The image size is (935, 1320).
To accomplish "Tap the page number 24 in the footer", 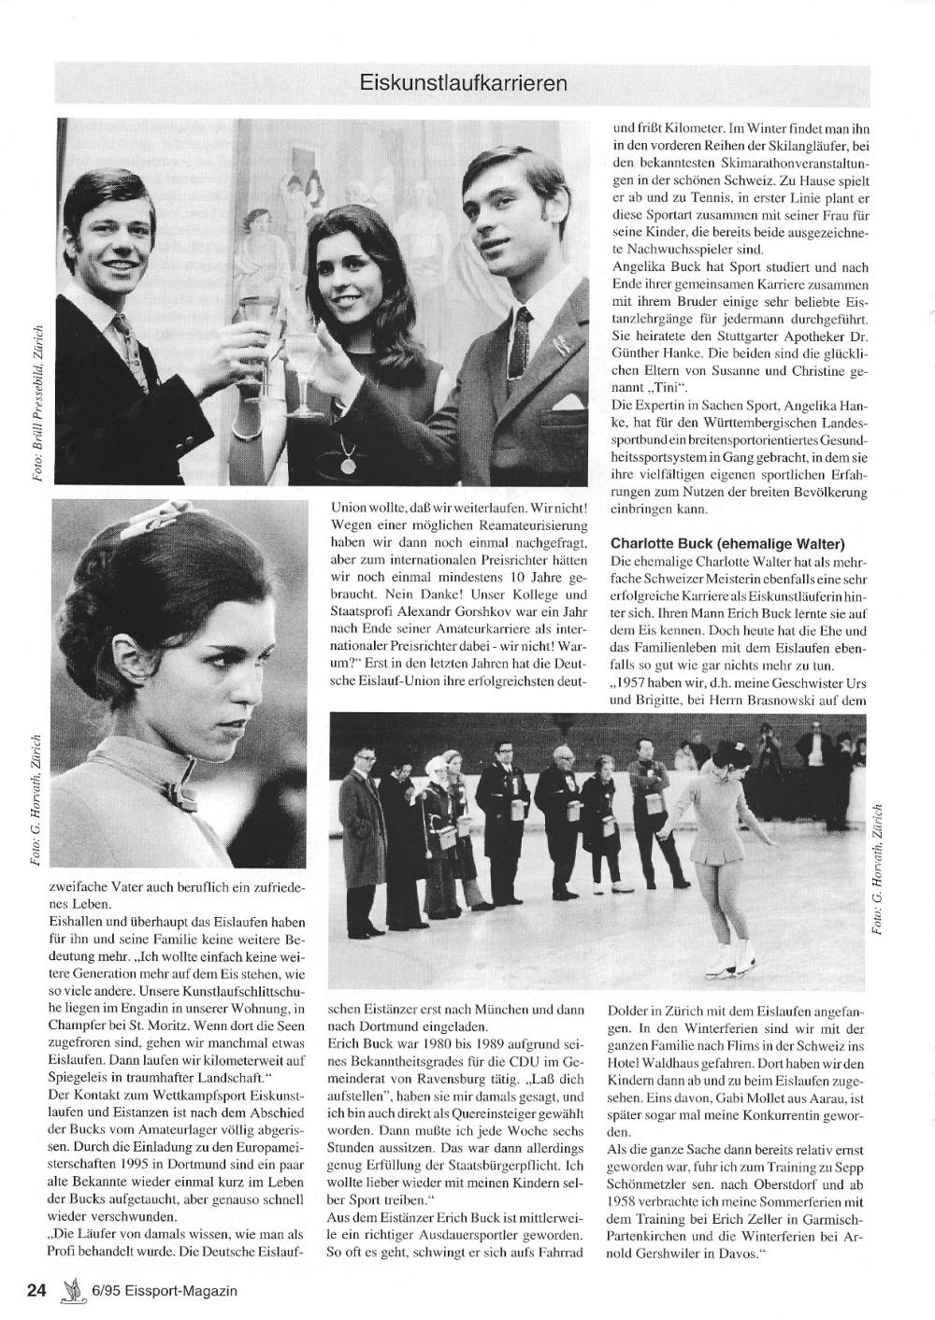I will coord(36,1291).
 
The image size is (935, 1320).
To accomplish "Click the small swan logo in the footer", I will coord(68,1292).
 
